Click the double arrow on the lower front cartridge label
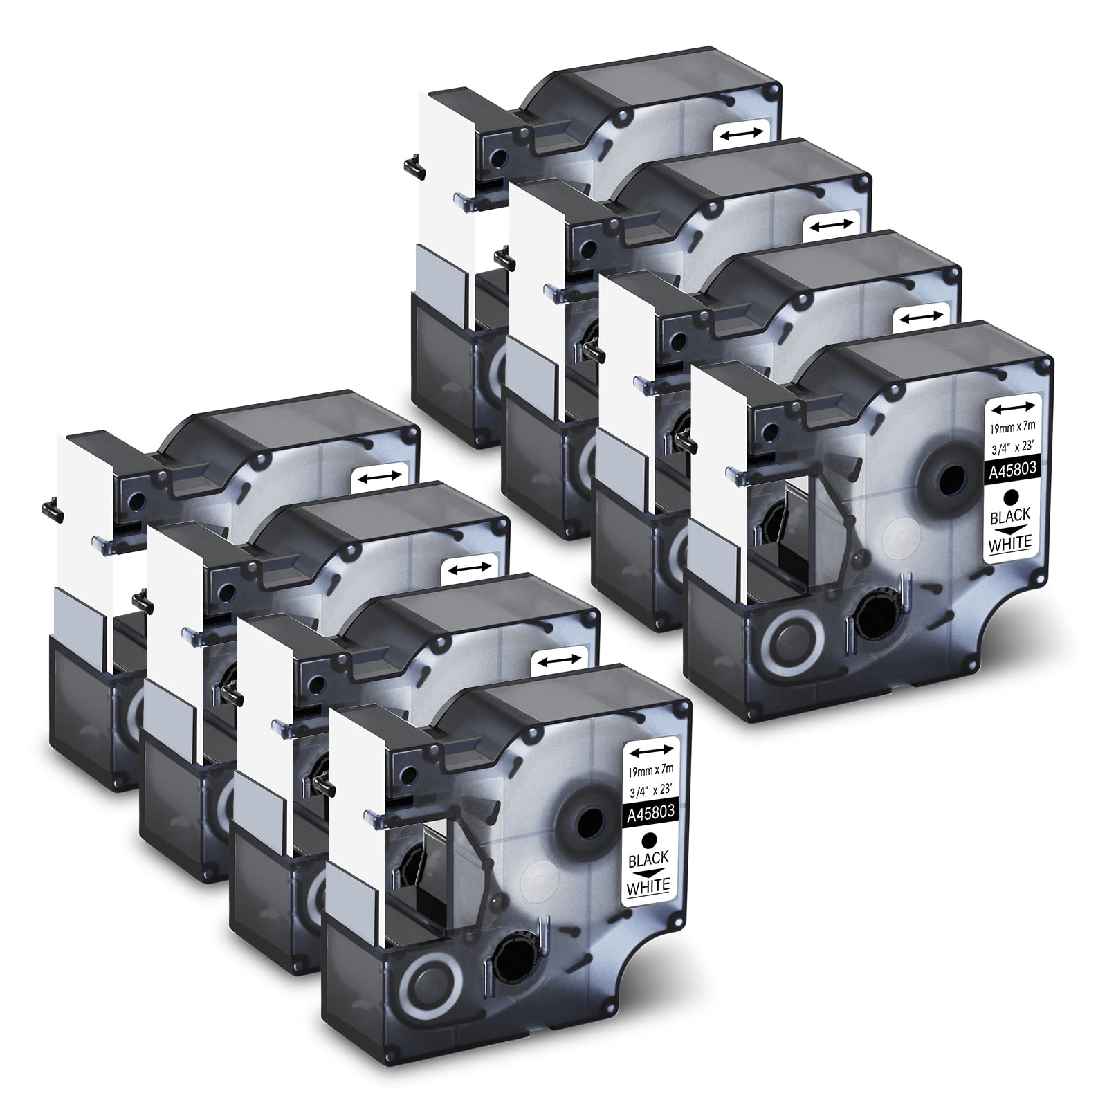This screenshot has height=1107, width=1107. click(650, 747)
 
